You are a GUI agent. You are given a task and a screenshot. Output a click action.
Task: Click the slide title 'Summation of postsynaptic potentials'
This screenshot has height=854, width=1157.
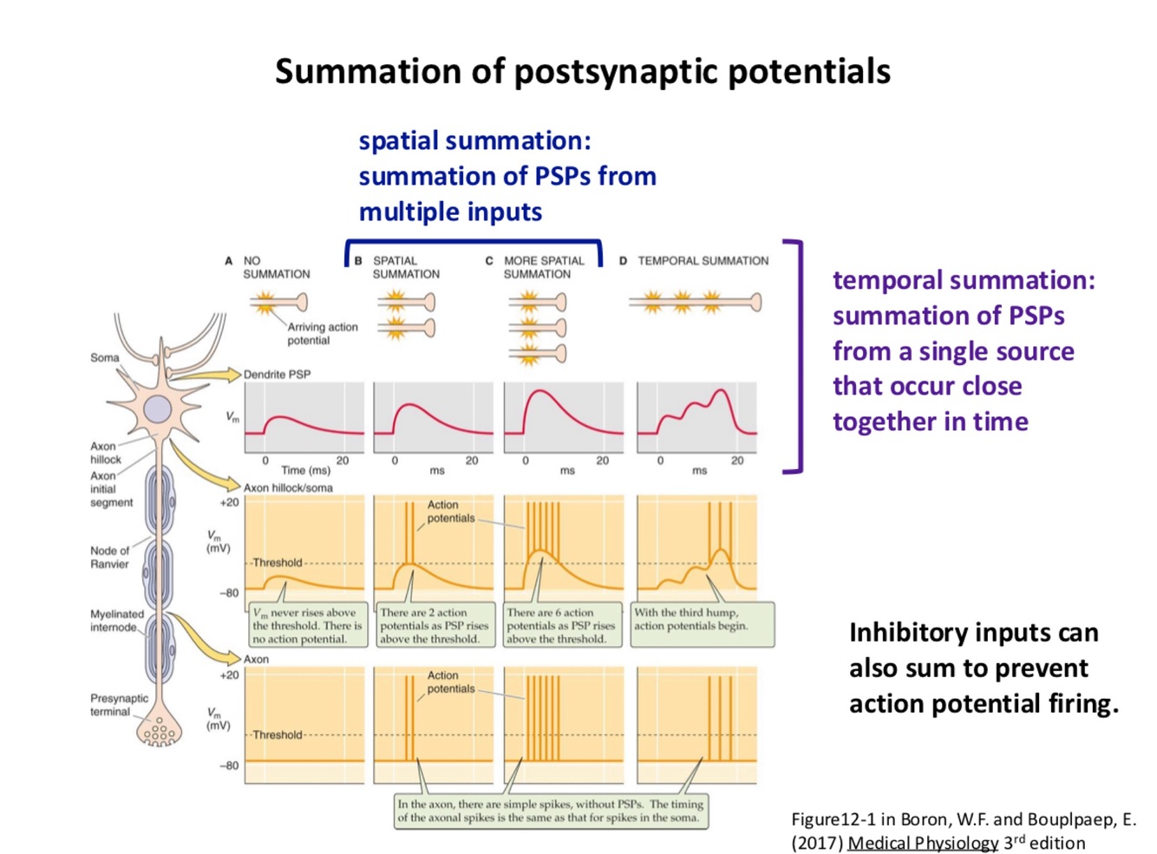(x=582, y=71)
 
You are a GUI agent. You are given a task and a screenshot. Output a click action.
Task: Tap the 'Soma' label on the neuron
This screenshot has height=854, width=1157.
(x=105, y=357)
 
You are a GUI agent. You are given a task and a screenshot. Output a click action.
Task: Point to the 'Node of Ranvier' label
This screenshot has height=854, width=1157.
(x=109, y=557)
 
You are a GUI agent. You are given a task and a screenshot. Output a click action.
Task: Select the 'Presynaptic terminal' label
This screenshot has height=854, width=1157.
(x=119, y=705)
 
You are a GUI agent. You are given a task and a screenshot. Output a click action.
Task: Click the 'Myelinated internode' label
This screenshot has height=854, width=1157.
(x=116, y=621)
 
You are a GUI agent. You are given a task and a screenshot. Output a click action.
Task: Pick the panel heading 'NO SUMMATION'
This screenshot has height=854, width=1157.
(x=276, y=267)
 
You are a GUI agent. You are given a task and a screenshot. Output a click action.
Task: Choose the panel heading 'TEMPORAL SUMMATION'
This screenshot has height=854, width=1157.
(x=703, y=261)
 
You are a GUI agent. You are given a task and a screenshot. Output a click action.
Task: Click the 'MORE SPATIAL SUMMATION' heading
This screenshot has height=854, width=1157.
(x=544, y=267)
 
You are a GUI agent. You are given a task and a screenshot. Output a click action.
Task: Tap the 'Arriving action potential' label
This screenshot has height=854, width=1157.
(x=322, y=334)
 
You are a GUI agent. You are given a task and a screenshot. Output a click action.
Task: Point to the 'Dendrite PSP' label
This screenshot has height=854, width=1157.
(x=277, y=375)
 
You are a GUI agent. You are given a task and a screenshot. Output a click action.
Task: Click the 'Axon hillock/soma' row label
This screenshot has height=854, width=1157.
(x=288, y=488)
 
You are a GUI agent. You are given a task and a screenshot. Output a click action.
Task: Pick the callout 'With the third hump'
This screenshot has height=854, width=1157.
(x=690, y=619)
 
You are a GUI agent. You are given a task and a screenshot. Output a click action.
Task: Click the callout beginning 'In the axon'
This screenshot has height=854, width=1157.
(x=550, y=811)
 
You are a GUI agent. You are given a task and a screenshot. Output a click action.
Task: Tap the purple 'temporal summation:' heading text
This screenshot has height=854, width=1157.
(x=963, y=280)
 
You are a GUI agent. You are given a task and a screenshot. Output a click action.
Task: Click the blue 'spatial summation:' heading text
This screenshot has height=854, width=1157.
(x=474, y=140)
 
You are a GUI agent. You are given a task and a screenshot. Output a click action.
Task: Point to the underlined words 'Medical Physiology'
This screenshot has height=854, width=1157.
(x=923, y=843)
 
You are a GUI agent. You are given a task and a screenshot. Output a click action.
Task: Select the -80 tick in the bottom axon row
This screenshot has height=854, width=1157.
(x=229, y=766)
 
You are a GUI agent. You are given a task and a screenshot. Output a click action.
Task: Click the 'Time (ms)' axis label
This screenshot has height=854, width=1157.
(x=305, y=470)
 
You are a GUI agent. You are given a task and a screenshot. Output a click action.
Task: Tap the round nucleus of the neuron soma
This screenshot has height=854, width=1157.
(x=157, y=409)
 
